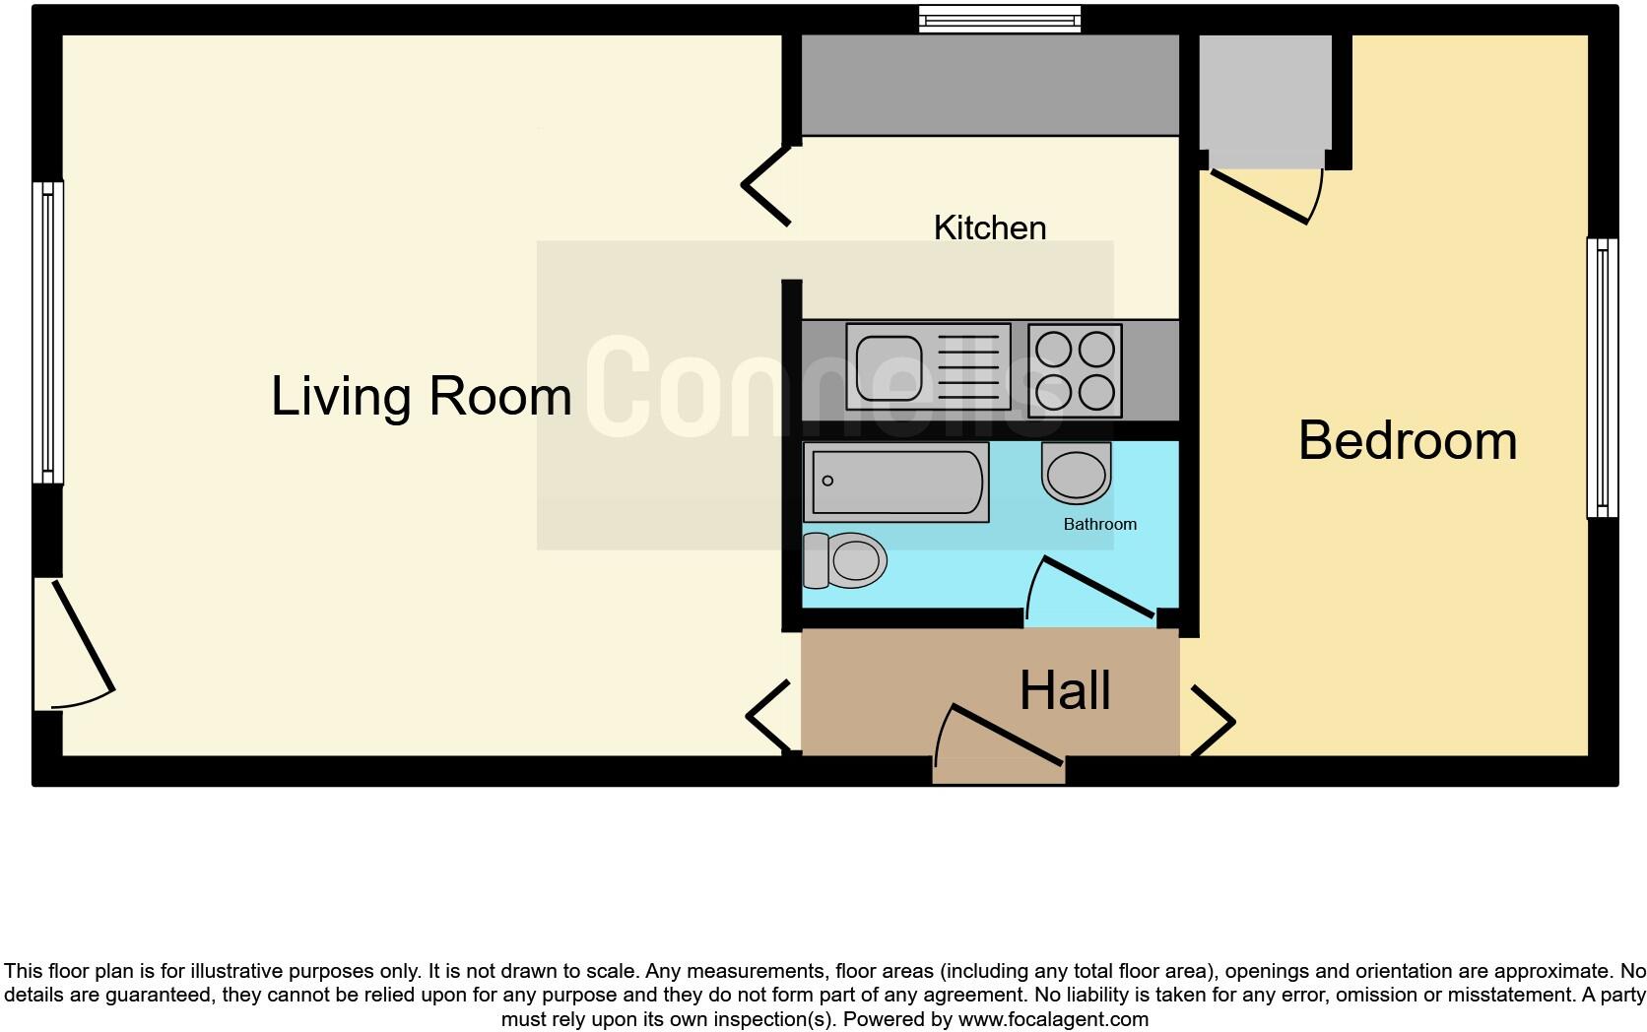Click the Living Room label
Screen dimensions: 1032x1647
pyautogui.click(x=421, y=396)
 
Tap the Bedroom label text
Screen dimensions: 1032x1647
pyautogui.click(x=1407, y=440)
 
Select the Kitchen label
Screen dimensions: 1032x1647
pyautogui.click(x=989, y=227)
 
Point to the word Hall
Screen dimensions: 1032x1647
pyautogui.click(x=1065, y=690)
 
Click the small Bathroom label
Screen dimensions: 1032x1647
pyautogui.click(x=1099, y=524)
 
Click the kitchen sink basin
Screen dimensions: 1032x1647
pyautogui.click(x=889, y=368)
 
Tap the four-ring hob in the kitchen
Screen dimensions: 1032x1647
pyautogui.click(x=1075, y=369)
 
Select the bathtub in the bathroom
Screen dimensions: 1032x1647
pyautogui.click(x=895, y=482)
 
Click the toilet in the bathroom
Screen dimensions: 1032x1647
pyautogui.click(x=845, y=560)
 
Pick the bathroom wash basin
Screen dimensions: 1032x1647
pyautogui.click(x=1076, y=473)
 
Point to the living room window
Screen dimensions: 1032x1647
pyautogui.click(x=47, y=333)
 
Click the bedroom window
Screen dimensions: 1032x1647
pyautogui.click(x=1602, y=377)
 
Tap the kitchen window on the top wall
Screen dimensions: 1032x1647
pyautogui.click(x=1000, y=19)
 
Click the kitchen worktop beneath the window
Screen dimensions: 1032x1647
pyautogui.click(x=989, y=85)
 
